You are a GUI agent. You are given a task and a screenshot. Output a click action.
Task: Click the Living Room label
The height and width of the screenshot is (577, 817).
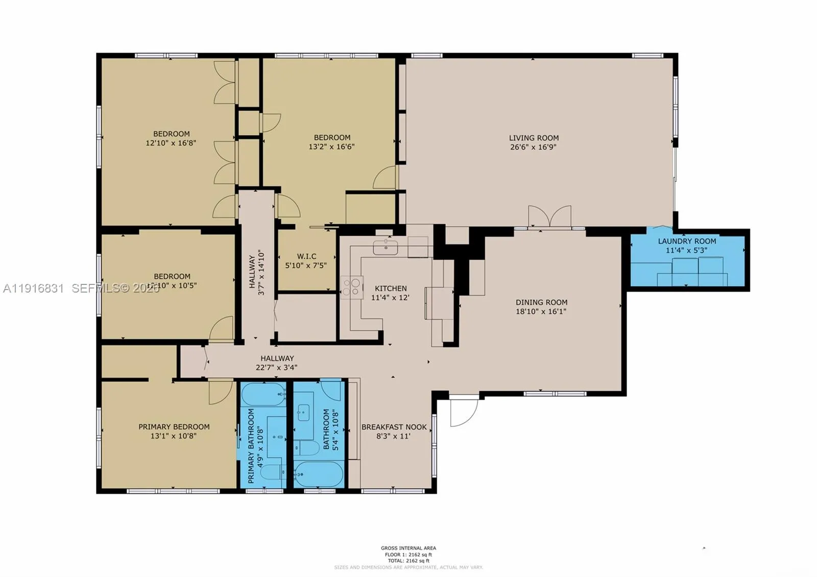(534, 138)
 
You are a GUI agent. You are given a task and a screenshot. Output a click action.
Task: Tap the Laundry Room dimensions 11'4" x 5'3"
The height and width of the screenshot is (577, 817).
(686, 250)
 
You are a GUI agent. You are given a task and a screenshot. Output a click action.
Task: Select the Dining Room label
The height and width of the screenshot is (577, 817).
(541, 302)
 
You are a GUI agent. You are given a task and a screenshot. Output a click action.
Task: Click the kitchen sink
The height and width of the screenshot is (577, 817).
(385, 248)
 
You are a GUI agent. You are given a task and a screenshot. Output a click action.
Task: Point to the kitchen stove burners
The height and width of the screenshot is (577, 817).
(352, 286)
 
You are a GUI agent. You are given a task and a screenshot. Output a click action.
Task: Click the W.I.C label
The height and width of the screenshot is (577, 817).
(306, 256)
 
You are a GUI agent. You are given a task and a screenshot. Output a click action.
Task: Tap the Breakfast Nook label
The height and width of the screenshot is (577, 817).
(394, 427)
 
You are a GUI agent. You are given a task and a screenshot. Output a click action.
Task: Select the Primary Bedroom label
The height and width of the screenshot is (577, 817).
(174, 427)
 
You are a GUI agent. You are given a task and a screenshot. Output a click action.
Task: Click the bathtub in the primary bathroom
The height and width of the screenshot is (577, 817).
(263, 394)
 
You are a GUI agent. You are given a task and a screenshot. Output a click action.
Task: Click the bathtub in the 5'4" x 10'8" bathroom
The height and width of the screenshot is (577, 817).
(318, 475)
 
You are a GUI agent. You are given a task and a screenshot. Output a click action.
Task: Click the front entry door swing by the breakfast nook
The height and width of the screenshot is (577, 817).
(463, 412)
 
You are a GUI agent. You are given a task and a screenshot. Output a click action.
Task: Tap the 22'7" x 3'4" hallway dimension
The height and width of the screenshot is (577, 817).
(276, 367)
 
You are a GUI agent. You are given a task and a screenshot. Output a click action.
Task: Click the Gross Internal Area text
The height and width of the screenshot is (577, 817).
(408, 548)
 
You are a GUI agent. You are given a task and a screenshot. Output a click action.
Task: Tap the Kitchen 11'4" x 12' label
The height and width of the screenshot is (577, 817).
(391, 293)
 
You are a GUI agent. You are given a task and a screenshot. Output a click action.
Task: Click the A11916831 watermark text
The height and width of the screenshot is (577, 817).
(33, 288)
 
